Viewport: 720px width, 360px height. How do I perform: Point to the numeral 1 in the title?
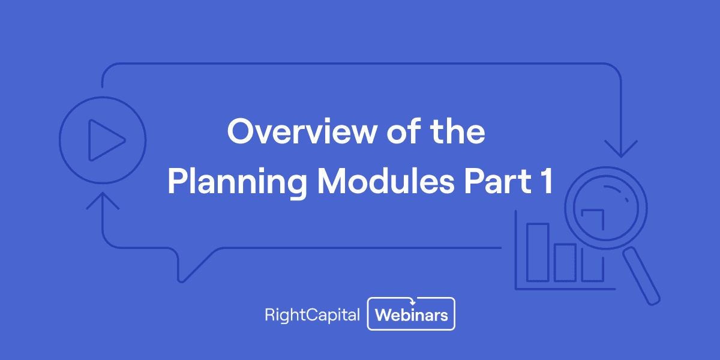click(x=542, y=182)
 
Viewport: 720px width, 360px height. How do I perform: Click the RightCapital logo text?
click(x=312, y=314)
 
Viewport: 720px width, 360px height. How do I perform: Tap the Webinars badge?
click(x=412, y=314)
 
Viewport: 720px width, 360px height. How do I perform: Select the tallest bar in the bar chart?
click(x=538, y=253)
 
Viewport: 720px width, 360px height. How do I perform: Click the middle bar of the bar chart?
click(x=565, y=262)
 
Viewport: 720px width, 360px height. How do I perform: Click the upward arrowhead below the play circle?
click(x=103, y=200)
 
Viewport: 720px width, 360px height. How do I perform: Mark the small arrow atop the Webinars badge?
click(x=412, y=302)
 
